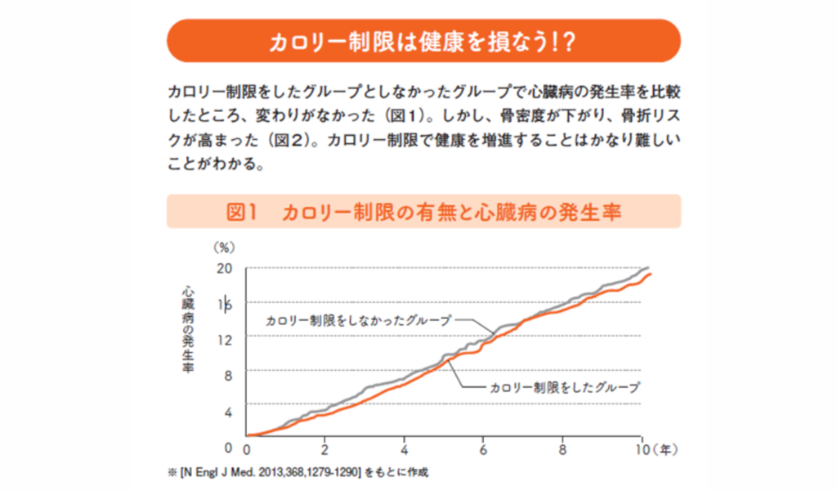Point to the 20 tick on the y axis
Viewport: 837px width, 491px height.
225,268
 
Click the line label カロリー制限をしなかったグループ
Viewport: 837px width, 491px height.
358,321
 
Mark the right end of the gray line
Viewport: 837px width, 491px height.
649,268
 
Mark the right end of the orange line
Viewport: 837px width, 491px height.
651,274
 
